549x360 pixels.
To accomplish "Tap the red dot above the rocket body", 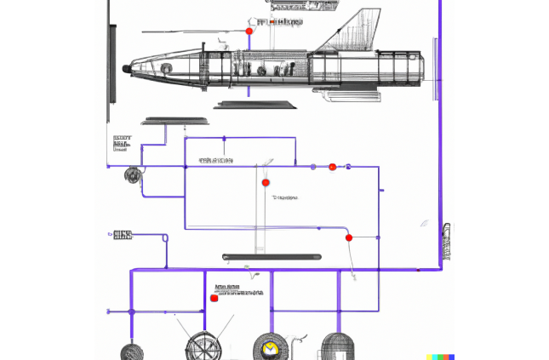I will [x=249, y=31].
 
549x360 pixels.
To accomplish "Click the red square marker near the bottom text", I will [x=214, y=298].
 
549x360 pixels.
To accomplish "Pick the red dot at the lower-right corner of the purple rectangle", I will [x=349, y=237].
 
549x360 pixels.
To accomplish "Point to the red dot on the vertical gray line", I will [x=266, y=182].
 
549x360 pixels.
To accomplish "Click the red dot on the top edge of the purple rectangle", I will [x=332, y=167].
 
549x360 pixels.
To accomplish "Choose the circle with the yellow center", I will [x=271, y=348].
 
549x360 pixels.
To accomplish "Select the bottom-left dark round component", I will [x=133, y=351].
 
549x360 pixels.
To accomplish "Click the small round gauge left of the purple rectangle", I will [x=132, y=175].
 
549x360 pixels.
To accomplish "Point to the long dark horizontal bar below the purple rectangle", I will [x=272, y=256].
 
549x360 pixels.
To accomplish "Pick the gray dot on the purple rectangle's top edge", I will [x=313, y=167].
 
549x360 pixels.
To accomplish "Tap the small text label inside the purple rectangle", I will [x=285, y=197].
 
